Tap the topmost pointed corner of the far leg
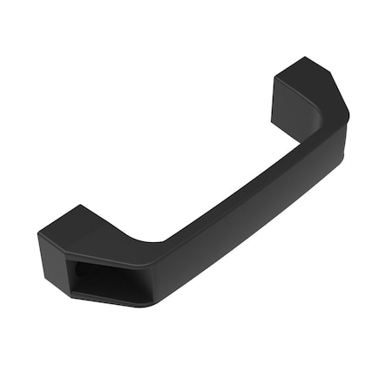[306, 57]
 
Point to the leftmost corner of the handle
[37, 234]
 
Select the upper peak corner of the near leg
[80, 206]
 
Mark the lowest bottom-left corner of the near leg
[71, 294]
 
